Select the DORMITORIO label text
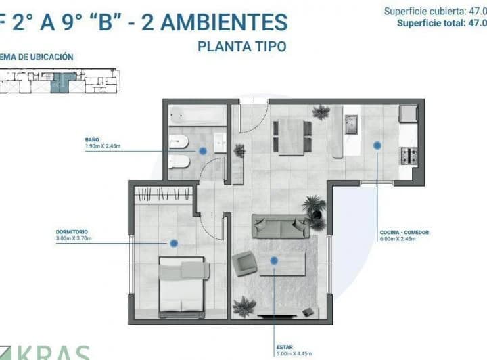(70, 233)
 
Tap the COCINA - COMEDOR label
(404, 233)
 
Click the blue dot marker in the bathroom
(201, 152)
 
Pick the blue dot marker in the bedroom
(174, 243)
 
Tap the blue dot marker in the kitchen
(376, 144)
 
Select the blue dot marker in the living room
(274, 261)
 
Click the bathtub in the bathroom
(196, 114)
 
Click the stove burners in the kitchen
(408, 156)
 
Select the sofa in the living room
(281, 225)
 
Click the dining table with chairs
(289, 134)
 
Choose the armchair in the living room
(245, 263)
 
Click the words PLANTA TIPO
(241, 47)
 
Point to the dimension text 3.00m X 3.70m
(73, 239)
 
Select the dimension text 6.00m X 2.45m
(404, 239)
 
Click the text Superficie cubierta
(422, 11)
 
